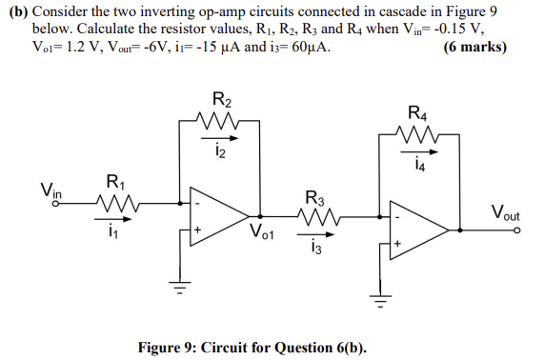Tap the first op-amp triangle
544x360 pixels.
pyautogui.click(x=217, y=215)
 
